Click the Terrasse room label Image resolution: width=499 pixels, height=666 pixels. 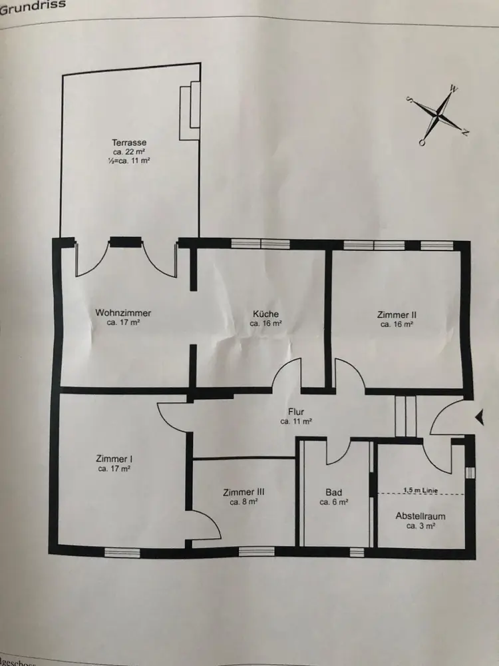coord(129,143)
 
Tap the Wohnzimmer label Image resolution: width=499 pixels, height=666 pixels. coord(123,313)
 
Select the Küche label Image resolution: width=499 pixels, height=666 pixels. coord(265,314)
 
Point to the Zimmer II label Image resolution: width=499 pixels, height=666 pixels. coord(397,316)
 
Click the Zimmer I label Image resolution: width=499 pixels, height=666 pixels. coord(114,459)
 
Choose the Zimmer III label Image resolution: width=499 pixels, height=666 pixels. coord(244,493)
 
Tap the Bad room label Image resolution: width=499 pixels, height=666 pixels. coord(334,494)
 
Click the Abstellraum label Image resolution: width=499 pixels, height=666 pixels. coord(420,516)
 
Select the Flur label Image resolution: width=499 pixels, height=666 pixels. coord(296,412)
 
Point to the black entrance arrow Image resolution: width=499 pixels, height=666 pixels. coord(479,418)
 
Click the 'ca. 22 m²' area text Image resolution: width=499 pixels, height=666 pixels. coord(129,153)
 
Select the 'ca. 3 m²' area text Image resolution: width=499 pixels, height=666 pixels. coord(420,525)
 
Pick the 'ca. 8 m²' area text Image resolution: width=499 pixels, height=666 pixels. coord(244,503)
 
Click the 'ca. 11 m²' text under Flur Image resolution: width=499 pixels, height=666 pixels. coord(296,422)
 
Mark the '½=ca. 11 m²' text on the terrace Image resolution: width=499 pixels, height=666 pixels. coord(129,161)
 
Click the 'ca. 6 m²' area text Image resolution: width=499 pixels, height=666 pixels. coord(334,503)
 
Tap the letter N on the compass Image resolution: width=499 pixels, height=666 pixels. coord(465,133)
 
